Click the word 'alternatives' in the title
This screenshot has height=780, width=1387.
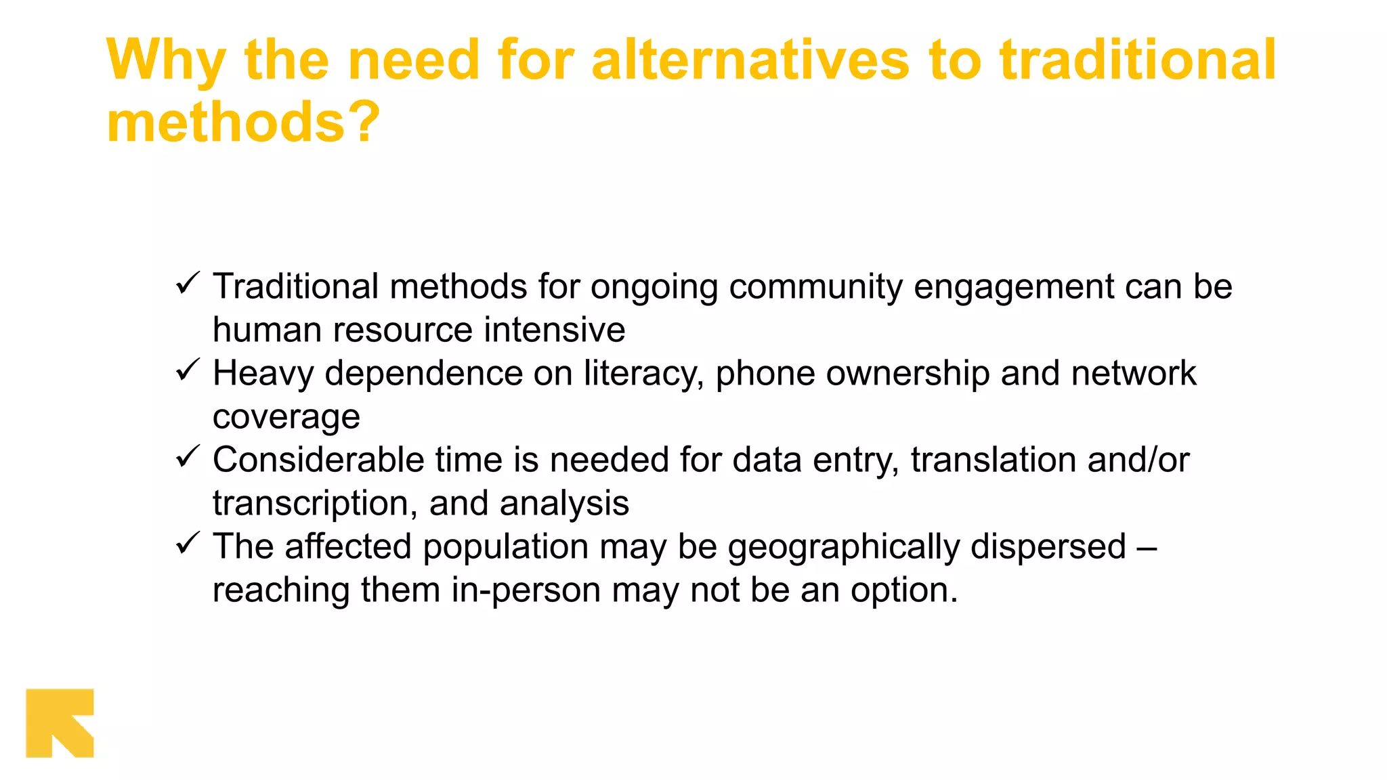750,61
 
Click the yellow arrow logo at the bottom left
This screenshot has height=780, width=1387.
60,722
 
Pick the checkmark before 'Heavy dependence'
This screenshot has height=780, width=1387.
187,370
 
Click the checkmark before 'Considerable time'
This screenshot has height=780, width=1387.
187,456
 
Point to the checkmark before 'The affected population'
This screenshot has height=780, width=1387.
187,543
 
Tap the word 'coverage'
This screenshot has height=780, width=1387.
286,417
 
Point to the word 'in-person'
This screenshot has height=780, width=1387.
526,590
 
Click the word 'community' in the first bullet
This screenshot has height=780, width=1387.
815,287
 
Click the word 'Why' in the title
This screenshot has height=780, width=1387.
166,61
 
